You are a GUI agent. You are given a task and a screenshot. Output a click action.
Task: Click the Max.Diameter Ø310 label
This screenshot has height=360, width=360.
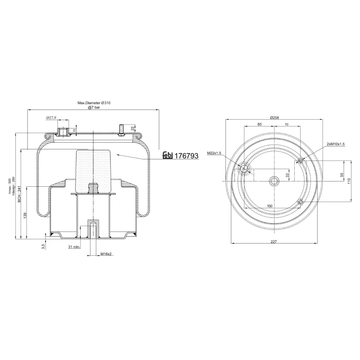[x=94, y=103]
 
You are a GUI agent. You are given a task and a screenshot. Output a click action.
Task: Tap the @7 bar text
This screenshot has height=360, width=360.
[x=94, y=108]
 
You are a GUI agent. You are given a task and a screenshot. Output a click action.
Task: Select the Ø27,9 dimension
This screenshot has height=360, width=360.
[x=51, y=118]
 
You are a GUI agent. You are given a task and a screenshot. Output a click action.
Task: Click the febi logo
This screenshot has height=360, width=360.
[x=167, y=156]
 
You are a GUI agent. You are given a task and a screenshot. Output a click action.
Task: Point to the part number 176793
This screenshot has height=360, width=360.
[x=186, y=156]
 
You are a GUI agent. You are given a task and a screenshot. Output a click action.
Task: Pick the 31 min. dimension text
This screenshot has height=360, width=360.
[x=74, y=247]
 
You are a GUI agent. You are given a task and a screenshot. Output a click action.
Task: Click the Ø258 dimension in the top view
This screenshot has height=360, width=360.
[x=274, y=117]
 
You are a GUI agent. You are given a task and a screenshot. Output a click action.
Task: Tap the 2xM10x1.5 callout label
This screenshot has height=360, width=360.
[x=336, y=144]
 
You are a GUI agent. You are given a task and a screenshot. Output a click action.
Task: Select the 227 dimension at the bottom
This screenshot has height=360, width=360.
[x=274, y=242]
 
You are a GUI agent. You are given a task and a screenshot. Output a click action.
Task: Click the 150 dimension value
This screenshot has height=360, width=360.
[x=270, y=206]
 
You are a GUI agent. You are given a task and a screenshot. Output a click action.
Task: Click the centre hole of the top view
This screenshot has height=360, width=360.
[x=274, y=181]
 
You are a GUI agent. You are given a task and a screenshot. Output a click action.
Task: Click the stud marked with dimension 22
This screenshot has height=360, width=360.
[x=121, y=129]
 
